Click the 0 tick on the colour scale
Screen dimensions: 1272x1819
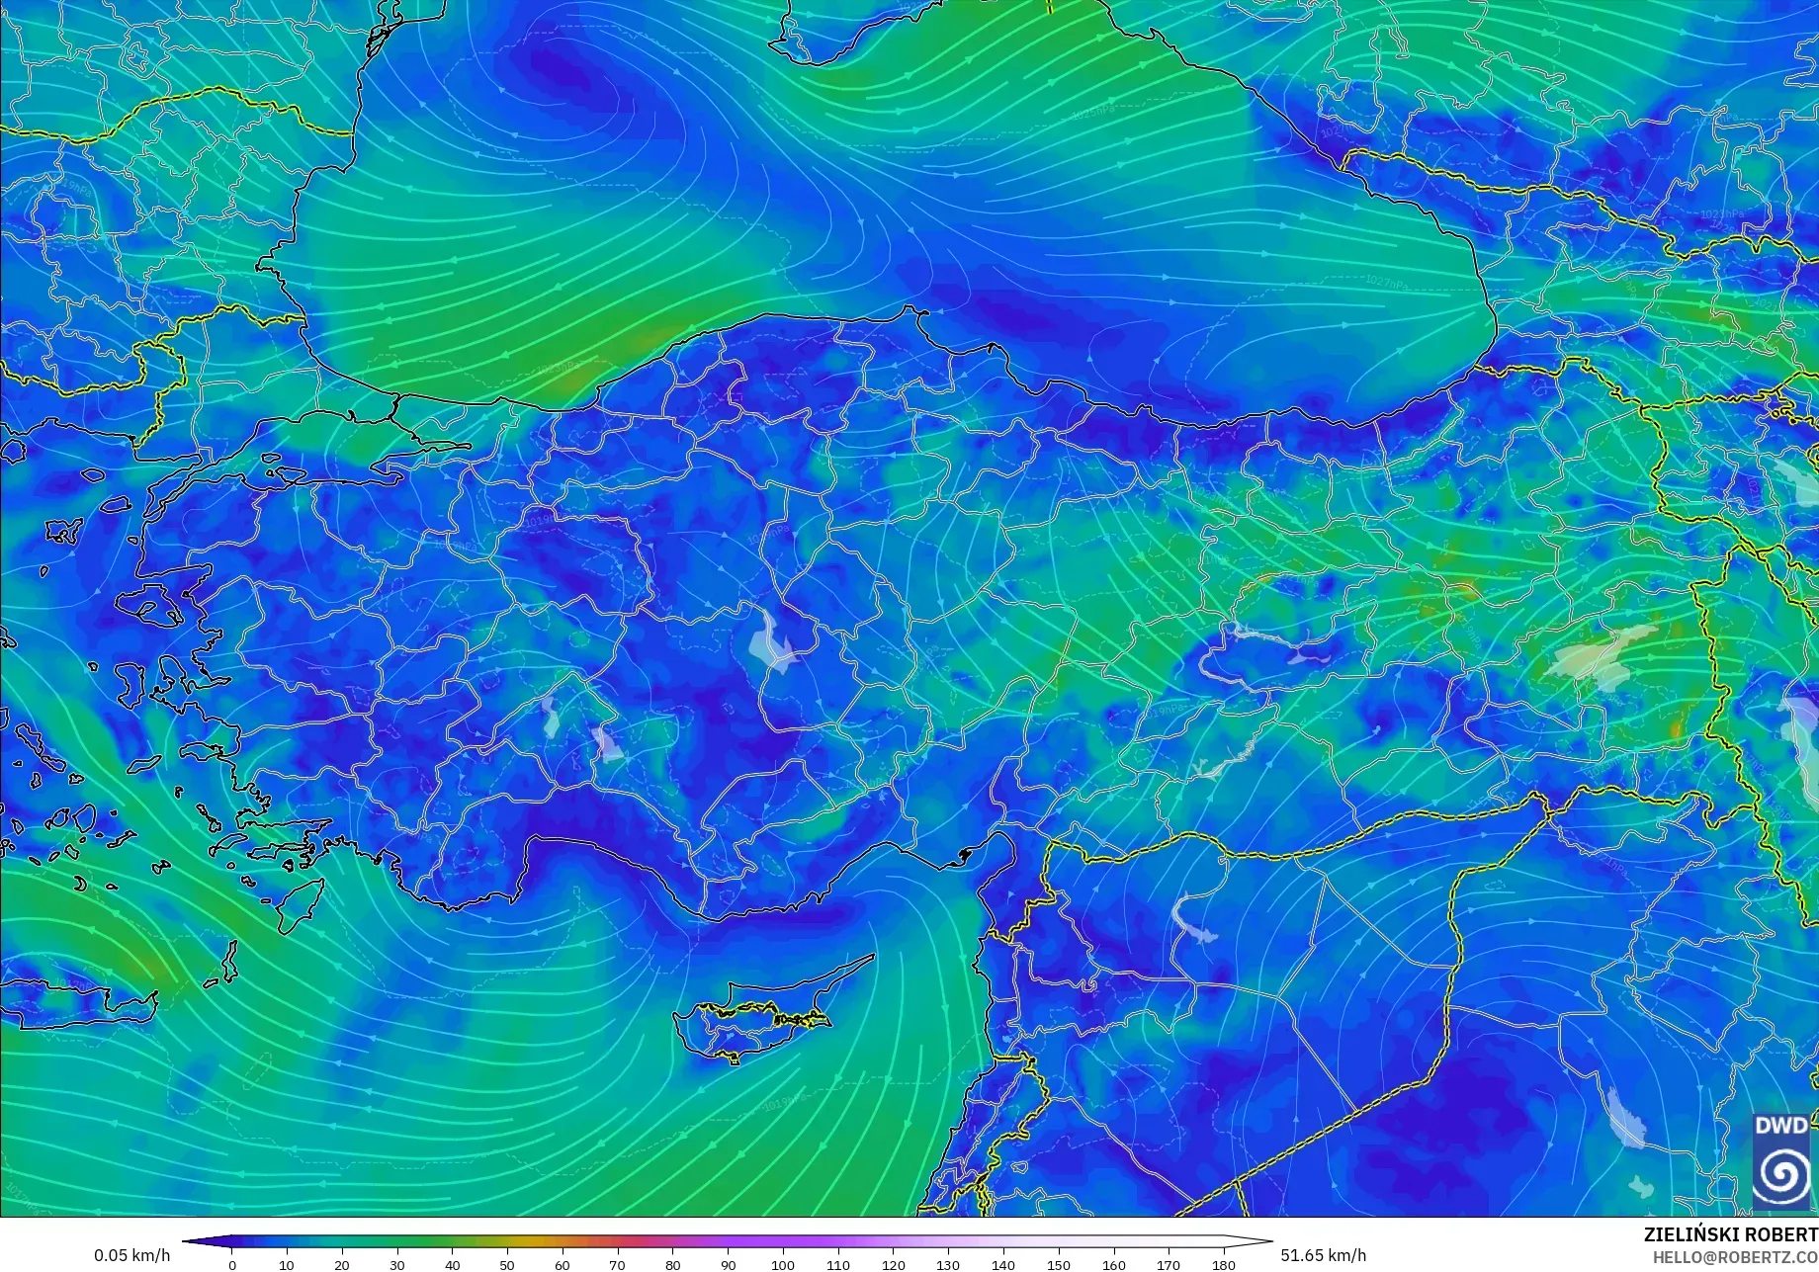pos(232,1264)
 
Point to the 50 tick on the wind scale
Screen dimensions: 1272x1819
pos(507,1264)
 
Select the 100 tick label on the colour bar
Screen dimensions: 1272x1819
pos(783,1264)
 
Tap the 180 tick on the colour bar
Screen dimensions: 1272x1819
pos(1224,1264)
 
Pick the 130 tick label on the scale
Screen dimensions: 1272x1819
pos(948,1264)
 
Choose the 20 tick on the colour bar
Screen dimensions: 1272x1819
pos(342,1264)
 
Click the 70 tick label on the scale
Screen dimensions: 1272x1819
pos(617,1264)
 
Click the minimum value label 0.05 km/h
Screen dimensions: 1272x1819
pos(132,1255)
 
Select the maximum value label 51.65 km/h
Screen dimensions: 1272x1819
pos(1324,1255)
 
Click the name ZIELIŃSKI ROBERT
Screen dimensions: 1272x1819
pos(1730,1234)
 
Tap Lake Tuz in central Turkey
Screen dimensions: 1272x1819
pos(772,642)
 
